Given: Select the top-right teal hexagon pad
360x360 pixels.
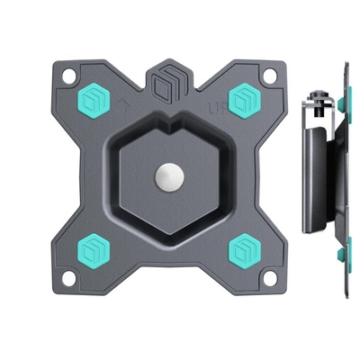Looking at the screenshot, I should [x=243, y=102].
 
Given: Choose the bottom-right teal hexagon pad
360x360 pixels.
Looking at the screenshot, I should [x=243, y=248].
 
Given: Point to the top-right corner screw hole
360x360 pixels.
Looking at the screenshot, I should [x=271, y=78].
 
